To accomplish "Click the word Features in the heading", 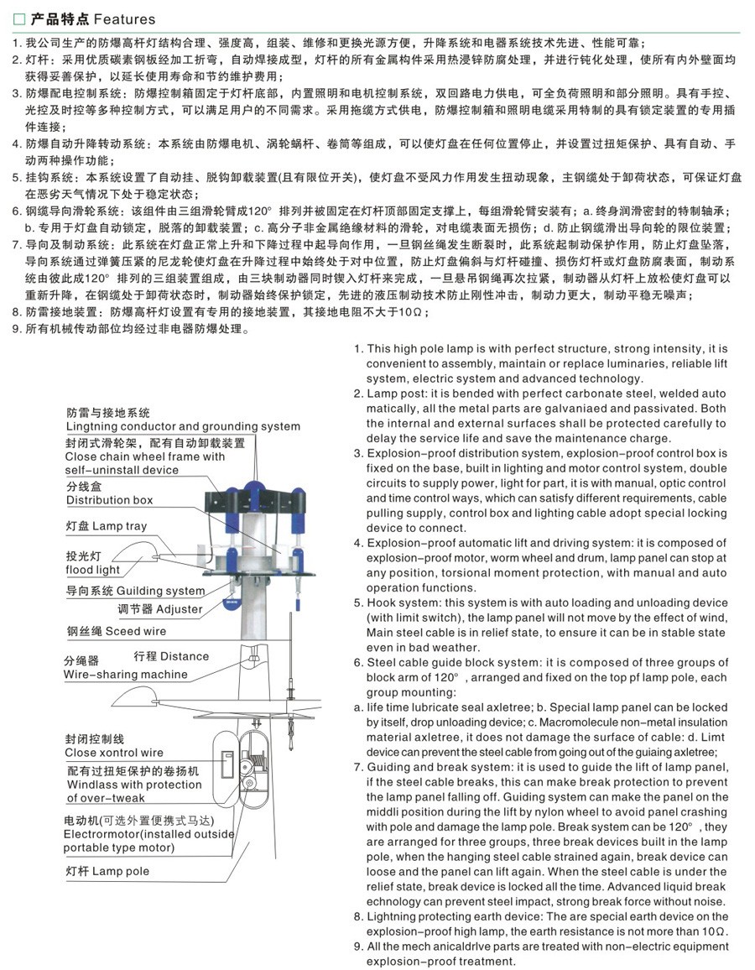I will [x=124, y=18].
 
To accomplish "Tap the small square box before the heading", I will [x=19, y=18].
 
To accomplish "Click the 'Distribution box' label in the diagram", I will [x=110, y=500].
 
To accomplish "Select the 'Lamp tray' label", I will [x=119, y=526].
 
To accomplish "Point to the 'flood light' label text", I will [x=93, y=570].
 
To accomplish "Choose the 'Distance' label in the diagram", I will [x=185, y=655].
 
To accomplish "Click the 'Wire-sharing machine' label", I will [x=126, y=675].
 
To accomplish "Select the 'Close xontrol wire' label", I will [x=114, y=753].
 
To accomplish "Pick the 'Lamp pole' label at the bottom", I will [x=121, y=871].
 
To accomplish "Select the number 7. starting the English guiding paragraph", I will [x=358, y=768].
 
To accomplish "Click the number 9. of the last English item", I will [x=358, y=947].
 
